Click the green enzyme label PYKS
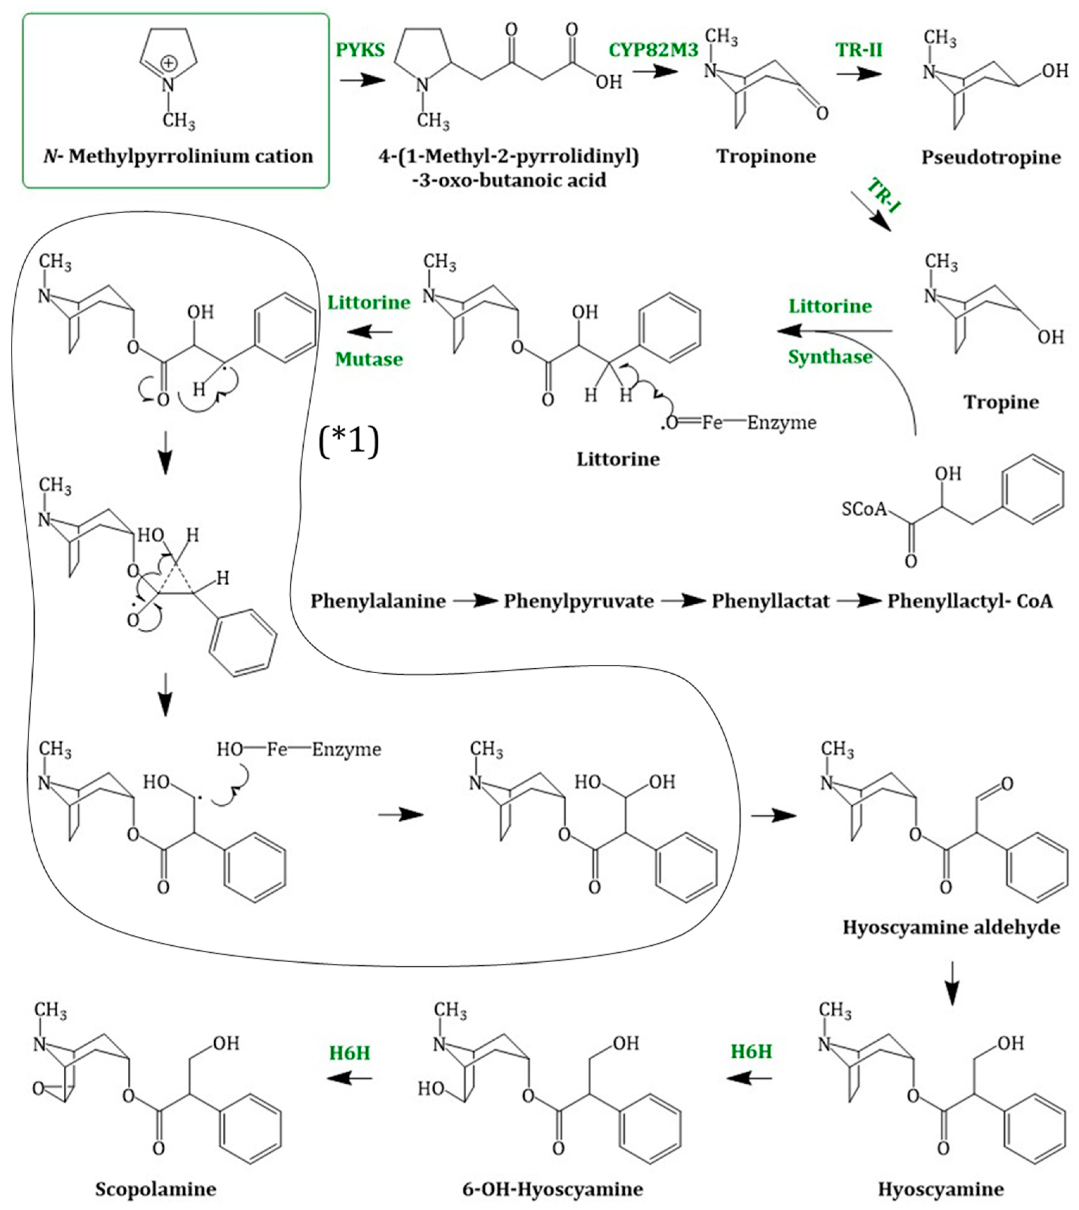click(x=360, y=50)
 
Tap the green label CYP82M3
click(x=653, y=50)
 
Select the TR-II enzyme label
click(x=859, y=50)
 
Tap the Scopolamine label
click(x=155, y=1189)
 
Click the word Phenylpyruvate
click(x=579, y=601)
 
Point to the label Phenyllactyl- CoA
click(x=970, y=601)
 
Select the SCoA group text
click(x=864, y=509)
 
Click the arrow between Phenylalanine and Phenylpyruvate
click(x=475, y=601)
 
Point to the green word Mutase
click(x=369, y=359)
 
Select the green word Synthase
click(x=830, y=357)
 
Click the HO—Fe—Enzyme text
click(x=298, y=749)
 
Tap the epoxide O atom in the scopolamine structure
click(x=39, y=1089)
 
